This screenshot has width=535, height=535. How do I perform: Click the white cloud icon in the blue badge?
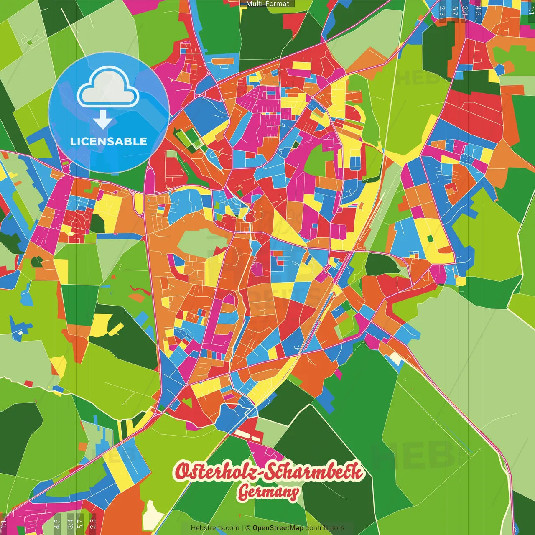(x=108, y=89)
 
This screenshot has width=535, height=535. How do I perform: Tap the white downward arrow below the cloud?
(x=103, y=120)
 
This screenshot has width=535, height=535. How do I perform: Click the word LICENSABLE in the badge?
(x=108, y=141)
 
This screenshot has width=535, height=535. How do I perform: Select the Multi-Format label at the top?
(x=267, y=4)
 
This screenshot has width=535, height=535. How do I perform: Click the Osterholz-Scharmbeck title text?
(x=269, y=471)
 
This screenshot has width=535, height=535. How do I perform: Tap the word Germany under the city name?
(x=268, y=492)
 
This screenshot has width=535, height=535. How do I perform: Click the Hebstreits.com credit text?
(x=215, y=528)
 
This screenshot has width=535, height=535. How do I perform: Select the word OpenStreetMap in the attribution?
(x=278, y=528)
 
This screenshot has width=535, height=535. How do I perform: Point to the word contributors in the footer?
(x=324, y=528)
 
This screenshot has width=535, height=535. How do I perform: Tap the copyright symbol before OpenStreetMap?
(x=248, y=528)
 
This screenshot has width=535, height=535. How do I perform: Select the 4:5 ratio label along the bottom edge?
(x=57, y=524)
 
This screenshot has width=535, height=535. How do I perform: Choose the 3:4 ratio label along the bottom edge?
(x=70, y=524)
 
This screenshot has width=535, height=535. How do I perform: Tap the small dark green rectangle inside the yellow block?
(x=431, y=239)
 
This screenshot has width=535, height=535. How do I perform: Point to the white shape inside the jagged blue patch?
(x=19, y=333)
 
